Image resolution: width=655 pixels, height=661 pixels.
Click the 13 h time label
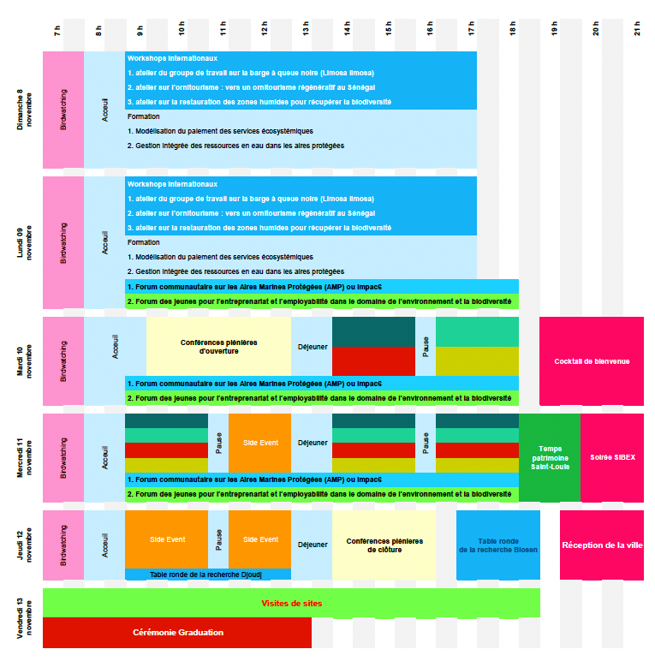[x=306, y=28]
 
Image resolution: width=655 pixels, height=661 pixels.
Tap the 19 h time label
[x=554, y=28]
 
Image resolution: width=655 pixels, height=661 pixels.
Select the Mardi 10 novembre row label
[x=24, y=361]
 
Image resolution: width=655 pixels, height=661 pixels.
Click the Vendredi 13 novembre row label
[x=24, y=618]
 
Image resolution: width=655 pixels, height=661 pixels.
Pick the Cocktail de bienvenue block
[x=592, y=361]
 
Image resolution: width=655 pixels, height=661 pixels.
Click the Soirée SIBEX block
[x=612, y=458]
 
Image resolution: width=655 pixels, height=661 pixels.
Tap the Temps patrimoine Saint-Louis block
[x=550, y=458]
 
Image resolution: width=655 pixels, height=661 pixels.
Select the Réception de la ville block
[x=601, y=545]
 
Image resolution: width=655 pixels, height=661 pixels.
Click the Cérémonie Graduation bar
[x=177, y=633]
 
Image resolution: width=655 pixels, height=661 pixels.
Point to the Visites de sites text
[x=292, y=604]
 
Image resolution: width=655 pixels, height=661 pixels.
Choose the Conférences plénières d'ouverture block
[x=218, y=347]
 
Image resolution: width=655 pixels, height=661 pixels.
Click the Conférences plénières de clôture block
[x=384, y=545]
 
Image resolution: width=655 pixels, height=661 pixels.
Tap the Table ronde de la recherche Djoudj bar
[x=208, y=575]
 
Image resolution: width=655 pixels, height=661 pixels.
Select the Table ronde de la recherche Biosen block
[x=497, y=545]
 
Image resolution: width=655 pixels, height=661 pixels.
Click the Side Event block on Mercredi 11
[x=259, y=443]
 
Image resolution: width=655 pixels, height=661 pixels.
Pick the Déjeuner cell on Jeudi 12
[x=312, y=545]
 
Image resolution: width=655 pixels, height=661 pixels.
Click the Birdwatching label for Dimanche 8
[x=63, y=110]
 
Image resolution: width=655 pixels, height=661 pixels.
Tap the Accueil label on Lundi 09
[x=105, y=242]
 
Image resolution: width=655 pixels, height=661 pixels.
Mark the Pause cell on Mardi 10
[x=426, y=347]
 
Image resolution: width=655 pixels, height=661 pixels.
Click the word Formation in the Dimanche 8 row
[x=143, y=116]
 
